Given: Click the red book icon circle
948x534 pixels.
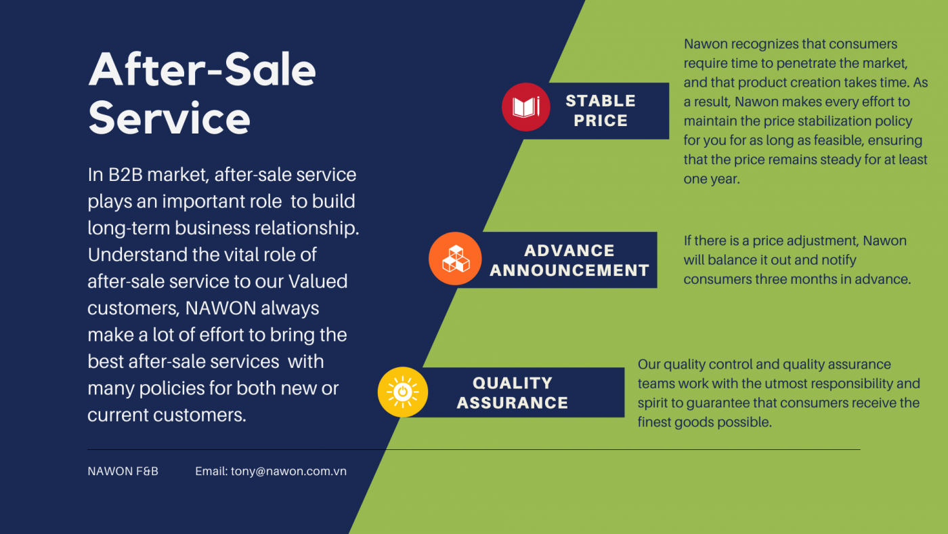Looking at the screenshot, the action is [525, 106].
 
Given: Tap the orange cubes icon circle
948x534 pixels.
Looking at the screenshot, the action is [455, 258].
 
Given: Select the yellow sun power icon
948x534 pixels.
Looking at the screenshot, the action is [402, 392].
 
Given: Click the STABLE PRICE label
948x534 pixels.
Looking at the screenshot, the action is [601, 110].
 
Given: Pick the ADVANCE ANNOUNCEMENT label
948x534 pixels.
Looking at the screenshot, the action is [569, 260].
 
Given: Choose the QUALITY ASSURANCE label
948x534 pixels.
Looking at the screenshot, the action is [513, 392].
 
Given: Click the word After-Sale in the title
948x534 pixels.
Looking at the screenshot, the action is [202, 70].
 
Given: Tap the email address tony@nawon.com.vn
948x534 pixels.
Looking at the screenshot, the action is [288, 472].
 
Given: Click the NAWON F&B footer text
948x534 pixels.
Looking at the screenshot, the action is [123, 472].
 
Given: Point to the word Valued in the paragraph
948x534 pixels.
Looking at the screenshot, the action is [318, 281].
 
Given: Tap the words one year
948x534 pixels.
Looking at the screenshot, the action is [712, 179].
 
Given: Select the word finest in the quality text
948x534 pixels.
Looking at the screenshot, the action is [654, 422].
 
